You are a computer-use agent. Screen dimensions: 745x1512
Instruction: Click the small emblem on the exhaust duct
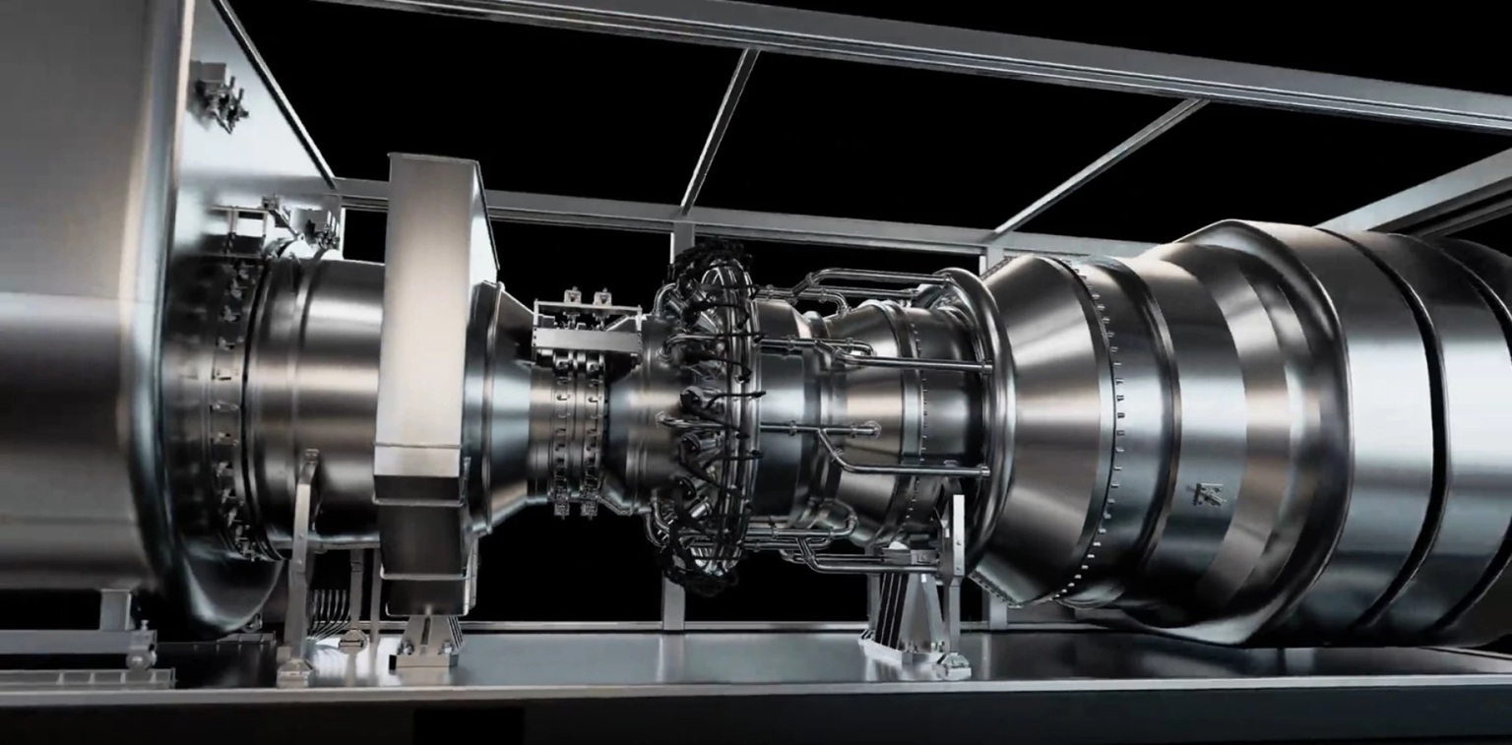(x=1208, y=494)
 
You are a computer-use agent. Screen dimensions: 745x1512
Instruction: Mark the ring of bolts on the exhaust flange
(x=1112, y=413)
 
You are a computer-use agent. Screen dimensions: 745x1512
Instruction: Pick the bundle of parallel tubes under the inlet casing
(x=330, y=610)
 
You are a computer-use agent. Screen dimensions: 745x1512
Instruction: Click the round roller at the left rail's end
(x=144, y=652)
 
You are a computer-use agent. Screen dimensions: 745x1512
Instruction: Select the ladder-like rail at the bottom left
(x=84, y=678)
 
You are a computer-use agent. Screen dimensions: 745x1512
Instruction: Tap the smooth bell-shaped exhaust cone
(x=1043, y=413)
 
